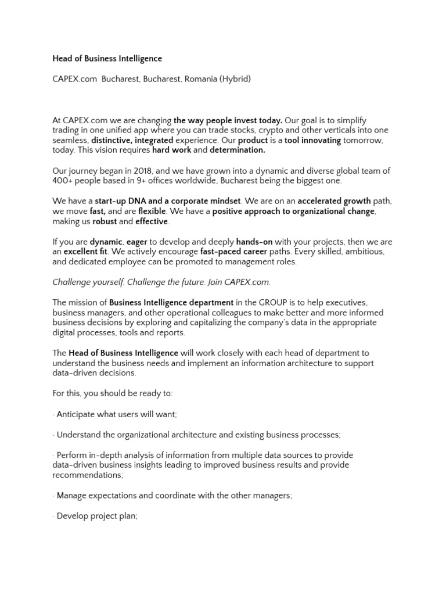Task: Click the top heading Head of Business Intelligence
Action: [107, 59]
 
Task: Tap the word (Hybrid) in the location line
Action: [235, 78]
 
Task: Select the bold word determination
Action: [237, 150]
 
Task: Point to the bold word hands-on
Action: [254, 241]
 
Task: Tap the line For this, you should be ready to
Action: [112, 393]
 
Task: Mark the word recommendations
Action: [87, 475]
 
